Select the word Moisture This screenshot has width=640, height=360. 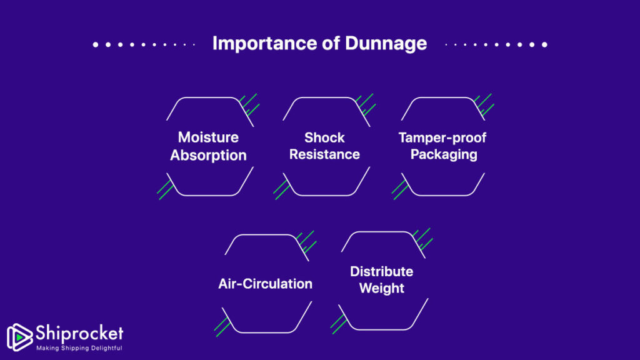click(208, 137)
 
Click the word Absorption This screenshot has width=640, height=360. click(208, 155)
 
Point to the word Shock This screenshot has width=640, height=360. click(324, 137)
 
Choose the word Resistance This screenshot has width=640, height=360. click(324, 154)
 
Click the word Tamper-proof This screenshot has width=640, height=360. click(442, 137)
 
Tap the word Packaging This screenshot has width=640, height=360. click(444, 154)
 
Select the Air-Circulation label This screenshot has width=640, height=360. click(265, 284)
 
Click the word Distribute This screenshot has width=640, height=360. click(381, 272)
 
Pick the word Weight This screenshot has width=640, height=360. click(382, 289)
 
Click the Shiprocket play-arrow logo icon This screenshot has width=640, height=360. click(19, 336)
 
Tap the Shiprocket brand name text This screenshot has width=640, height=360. click(79, 333)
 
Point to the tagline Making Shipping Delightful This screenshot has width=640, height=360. click(79, 348)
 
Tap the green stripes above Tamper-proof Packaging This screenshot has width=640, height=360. click(484, 105)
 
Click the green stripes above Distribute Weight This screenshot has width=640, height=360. click(423, 239)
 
